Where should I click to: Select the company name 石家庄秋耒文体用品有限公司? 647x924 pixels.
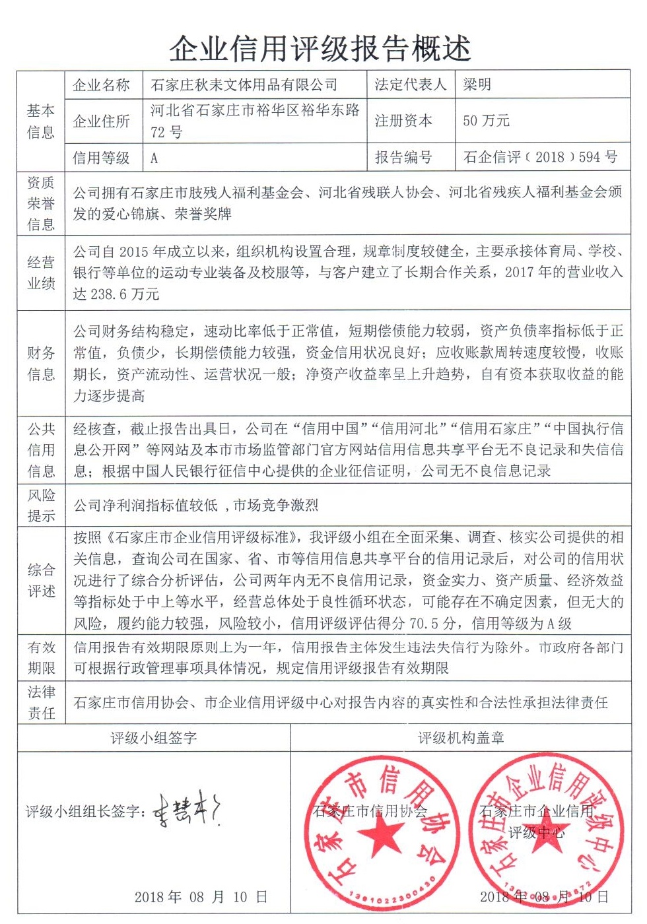tap(244, 85)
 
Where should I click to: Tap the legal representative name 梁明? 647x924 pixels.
tap(477, 84)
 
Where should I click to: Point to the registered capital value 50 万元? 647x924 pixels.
tap(486, 121)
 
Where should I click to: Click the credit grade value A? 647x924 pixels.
tap(154, 158)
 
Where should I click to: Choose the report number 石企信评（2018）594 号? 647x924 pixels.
tap(540, 157)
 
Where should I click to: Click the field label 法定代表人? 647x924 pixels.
tap(410, 84)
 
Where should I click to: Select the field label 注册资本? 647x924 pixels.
tap(403, 121)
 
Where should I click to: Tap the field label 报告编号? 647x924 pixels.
tap(403, 158)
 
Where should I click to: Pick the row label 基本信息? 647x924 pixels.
tap(40, 121)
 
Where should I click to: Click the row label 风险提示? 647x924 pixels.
tap(41, 506)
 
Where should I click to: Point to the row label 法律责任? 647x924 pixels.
tap(41, 702)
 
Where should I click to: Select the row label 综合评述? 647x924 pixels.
tap(41, 581)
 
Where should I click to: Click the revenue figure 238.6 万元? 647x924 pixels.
tap(116, 294)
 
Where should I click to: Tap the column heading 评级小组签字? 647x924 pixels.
tap(153, 738)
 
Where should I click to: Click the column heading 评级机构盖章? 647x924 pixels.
tap(460, 738)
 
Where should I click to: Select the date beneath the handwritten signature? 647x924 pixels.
tap(201, 897)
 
